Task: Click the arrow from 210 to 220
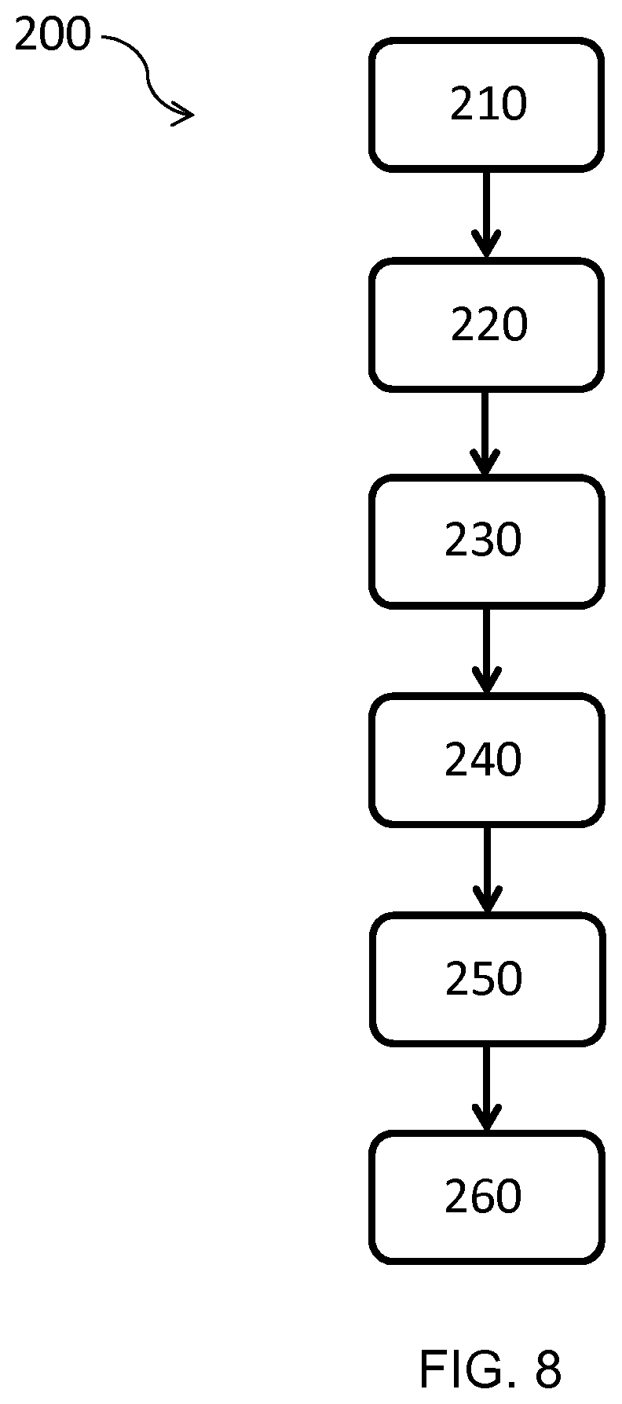pyautogui.click(x=486, y=214)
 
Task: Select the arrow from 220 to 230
pyautogui.click(x=485, y=433)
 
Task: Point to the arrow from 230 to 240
pyautogui.click(x=486, y=651)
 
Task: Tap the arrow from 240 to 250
pyautogui.click(x=487, y=870)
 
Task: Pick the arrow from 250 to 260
pyautogui.click(x=486, y=1088)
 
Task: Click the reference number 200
pyautogui.click(x=53, y=35)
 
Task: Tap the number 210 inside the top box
pyautogui.click(x=488, y=104)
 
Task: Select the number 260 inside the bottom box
pyautogui.click(x=483, y=1197)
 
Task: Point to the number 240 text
pyautogui.click(x=483, y=760)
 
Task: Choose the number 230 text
pyautogui.click(x=483, y=541)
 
